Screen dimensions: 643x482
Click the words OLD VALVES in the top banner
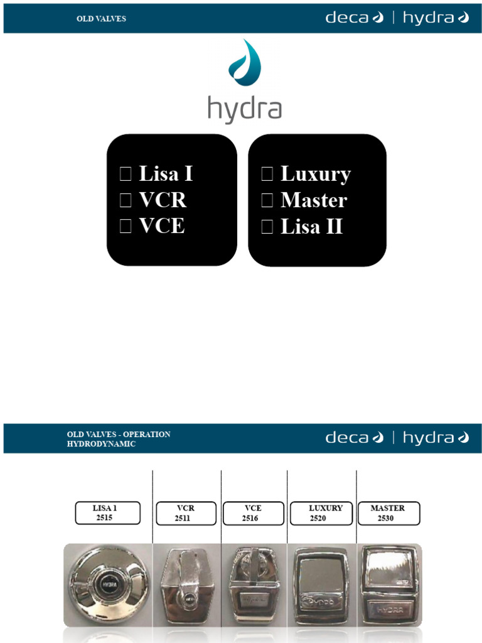pos(101,19)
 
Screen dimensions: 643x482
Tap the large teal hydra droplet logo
pos(245,63)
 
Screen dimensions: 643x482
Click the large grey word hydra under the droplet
pos(244,109)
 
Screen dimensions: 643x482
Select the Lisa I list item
pos(165,174)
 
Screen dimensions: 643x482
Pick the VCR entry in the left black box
pos(162,200)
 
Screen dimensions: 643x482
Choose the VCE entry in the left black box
pos(161,226)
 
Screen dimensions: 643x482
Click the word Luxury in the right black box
pos(315,174)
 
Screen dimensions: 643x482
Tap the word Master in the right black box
pos(313,200)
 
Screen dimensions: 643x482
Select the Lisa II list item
pos(311,226)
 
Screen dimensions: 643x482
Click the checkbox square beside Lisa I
pos(126,175)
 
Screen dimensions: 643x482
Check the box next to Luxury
pos(267,175)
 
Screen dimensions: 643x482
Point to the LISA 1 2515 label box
pos(107,513)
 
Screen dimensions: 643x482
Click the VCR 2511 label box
pos(186,513)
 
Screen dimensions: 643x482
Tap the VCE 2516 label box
pos(253,513)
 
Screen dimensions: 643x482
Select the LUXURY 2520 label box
pos(321,513)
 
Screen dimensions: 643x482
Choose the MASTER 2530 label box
pos(388,513)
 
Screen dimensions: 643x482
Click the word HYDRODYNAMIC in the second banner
pos(102,443)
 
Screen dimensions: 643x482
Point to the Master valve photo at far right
pos(388,584)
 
